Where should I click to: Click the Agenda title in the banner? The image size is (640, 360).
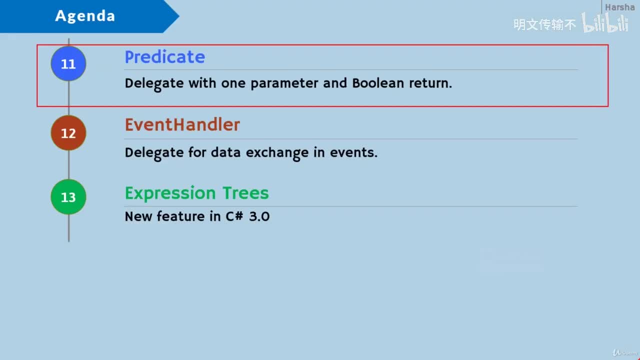pos(85,16)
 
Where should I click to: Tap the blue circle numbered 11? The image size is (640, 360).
pos(68,64)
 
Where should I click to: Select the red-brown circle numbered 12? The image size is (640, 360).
pos(68,133)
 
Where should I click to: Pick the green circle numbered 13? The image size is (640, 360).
pos(68,197)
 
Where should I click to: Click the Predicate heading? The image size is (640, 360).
pos(164,57)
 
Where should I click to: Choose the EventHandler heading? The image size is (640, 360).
pos(182,124)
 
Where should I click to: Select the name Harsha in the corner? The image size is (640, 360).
pos(619,7)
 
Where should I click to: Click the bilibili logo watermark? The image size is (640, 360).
pos(605,23)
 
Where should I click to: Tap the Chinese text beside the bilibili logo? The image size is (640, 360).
pos(544,24)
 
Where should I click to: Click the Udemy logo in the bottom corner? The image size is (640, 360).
pos(625,352)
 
